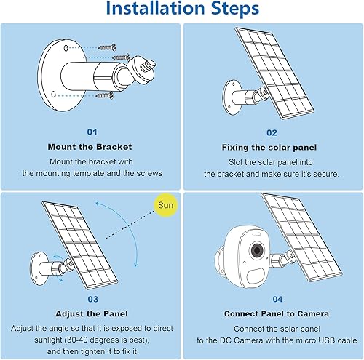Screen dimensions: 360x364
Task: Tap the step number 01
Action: tap(91, 132)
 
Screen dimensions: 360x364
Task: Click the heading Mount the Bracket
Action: tap(91, 147)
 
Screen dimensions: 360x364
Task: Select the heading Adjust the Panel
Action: tap(91, 313)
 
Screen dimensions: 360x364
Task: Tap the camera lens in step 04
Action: tap(256, 249)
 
